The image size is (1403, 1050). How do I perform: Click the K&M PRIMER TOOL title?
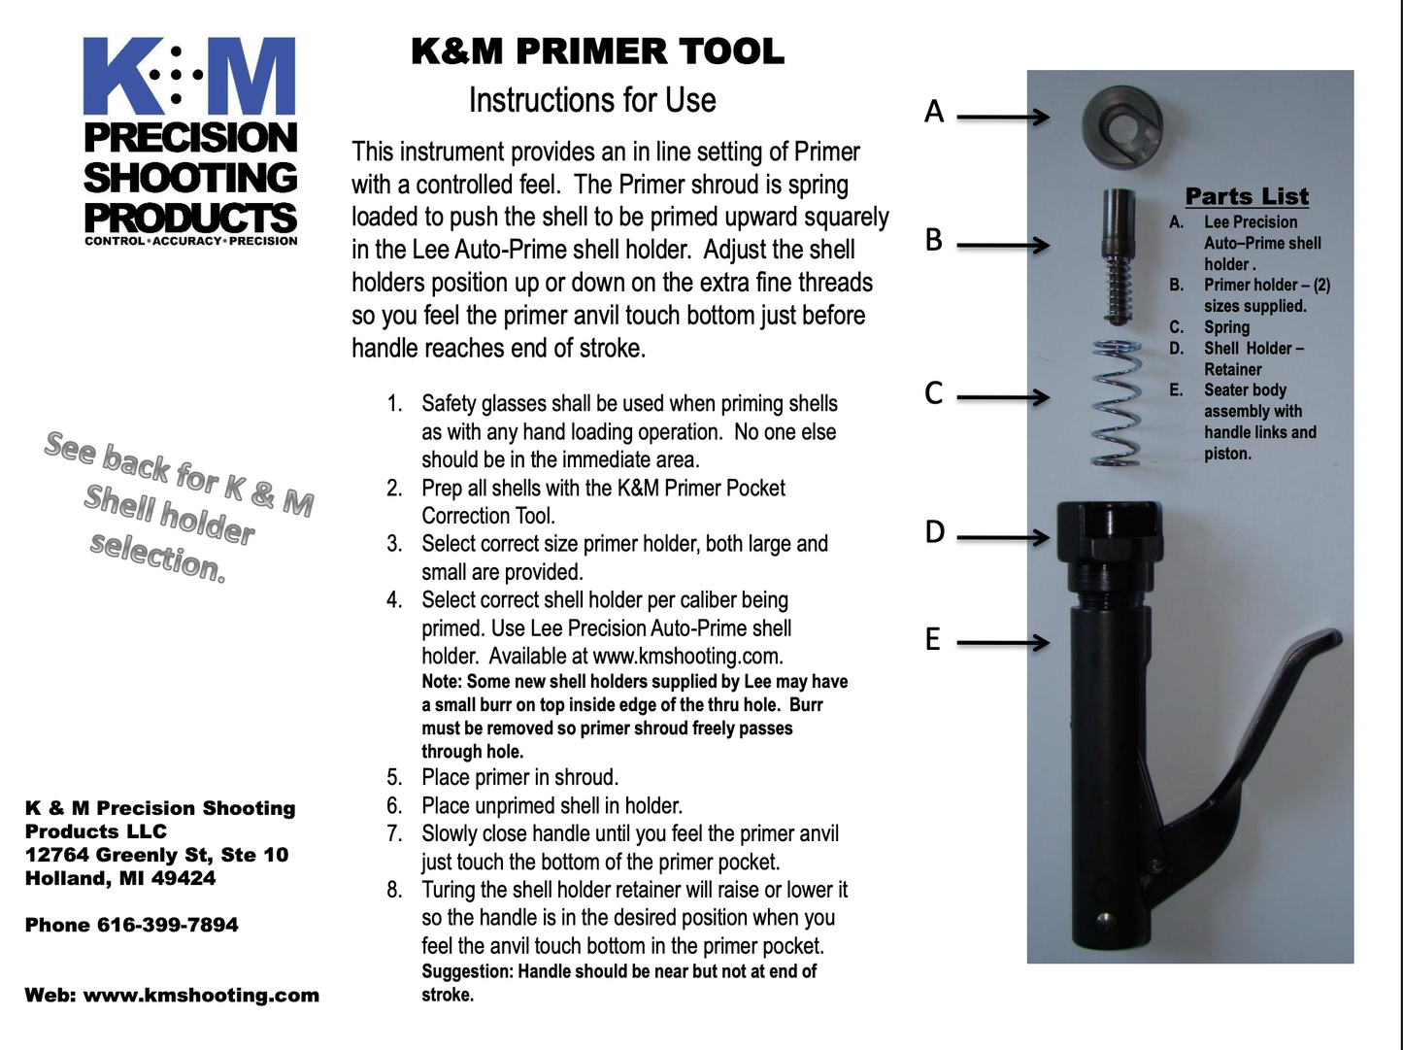coord(597,52)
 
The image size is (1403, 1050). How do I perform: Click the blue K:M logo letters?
coord(189,78)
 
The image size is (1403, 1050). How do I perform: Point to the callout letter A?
coord(934,113)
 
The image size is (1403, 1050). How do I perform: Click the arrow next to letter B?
coord(1003,244)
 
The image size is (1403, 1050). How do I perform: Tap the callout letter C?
coord(934,393)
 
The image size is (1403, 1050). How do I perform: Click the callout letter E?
coord(933,639)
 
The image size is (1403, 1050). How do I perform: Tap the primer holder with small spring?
coord(1119,253)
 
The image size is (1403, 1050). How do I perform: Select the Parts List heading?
coord(1247,196)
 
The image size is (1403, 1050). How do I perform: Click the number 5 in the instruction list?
coord(394,777)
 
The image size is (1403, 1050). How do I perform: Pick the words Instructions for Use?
coord(592,100)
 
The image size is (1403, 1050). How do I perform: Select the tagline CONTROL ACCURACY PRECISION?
coord(190,241)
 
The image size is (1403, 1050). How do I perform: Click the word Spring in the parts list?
coord(1226,327)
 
